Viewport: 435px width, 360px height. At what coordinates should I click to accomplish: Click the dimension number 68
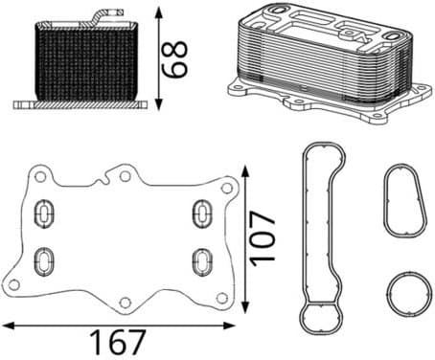[x=174, y=59]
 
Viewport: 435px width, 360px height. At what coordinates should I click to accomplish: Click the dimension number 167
[x=118, y=342]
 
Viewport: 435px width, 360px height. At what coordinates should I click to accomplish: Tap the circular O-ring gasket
[x=388, y=294]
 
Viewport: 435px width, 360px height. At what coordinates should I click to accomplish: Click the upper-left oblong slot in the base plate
[x=44, y=214]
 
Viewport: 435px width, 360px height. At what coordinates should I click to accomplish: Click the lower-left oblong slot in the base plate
[x=44, y=261]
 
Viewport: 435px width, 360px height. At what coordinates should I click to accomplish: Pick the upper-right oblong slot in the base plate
[x=202, y=214]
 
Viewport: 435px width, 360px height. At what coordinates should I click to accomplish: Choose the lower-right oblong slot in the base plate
[x=202, y=262]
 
